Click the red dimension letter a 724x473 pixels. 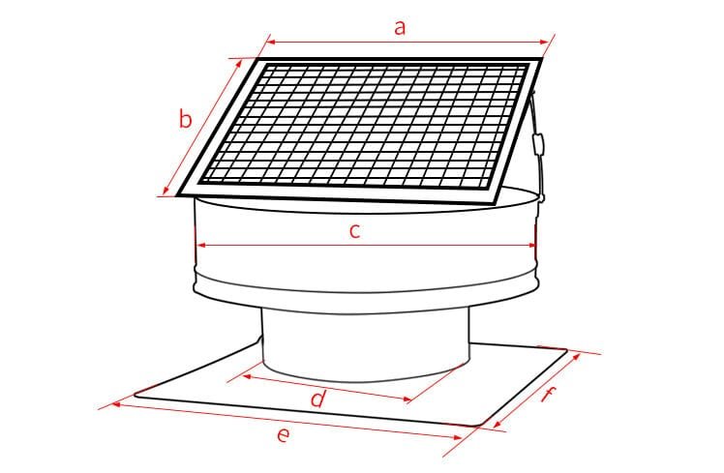point(399,26)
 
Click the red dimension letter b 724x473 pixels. point(187,120)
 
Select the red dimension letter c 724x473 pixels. point(355,231)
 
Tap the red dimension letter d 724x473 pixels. point(317,399)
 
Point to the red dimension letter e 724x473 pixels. point(282,436)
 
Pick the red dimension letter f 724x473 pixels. point(549,395)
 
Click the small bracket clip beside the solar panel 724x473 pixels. point(540,145)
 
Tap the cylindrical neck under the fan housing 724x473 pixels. point(363,343)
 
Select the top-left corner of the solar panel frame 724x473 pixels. point(259,61)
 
